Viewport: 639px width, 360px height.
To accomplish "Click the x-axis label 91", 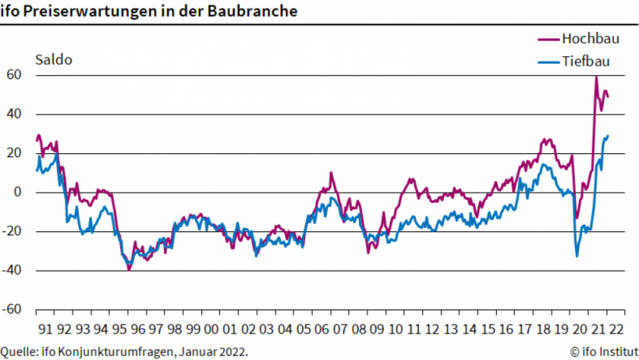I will point(45,328).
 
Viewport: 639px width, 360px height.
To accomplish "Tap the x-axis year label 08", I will point(358,328).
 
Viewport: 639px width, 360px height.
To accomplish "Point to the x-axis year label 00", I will point(211,328).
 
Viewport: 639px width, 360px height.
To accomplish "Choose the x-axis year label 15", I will point(488,328).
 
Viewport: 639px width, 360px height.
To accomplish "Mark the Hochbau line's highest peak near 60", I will point(596,77).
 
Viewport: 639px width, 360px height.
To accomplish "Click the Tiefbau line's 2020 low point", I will point(577,256).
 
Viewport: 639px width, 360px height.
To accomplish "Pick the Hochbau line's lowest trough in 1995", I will point(129,270).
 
